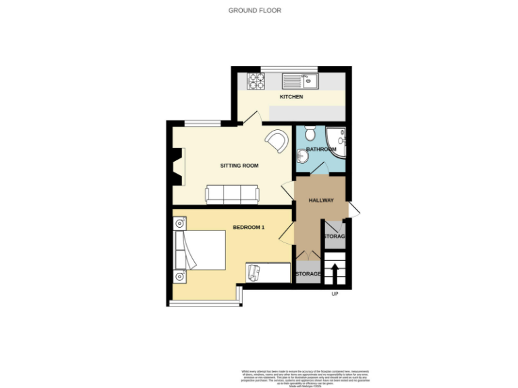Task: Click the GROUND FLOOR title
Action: click(255, 10)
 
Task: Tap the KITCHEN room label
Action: click(291, 97)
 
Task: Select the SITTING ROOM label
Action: click(239, 165)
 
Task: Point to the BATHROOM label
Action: click(321, 149)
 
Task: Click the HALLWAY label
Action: click(322, 200)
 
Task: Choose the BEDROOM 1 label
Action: click(249, 228)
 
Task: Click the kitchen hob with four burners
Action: click(257, 81)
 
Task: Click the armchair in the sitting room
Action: click(275, 141)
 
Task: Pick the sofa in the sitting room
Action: click(232, 195)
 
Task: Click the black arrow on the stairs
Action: click(334, 272)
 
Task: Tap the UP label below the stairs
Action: click(335, 294)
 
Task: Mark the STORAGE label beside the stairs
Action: click(334, 237)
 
